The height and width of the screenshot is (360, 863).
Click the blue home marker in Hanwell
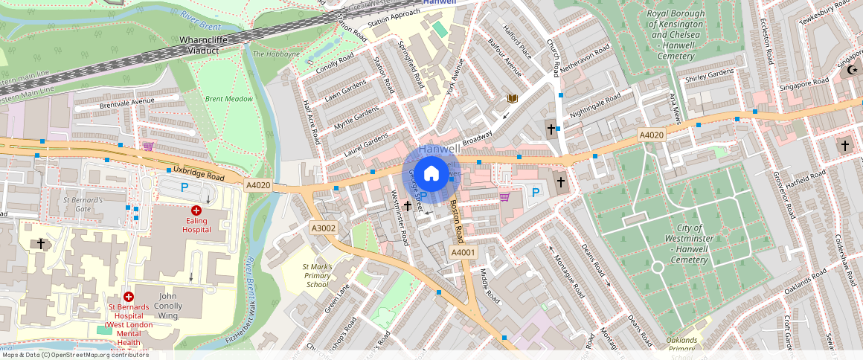coord(430,175)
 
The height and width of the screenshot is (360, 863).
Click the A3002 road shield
coord(324,228)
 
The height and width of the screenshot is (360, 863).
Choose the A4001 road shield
coord(463,253)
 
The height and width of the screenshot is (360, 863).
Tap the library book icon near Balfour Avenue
coord(512,98)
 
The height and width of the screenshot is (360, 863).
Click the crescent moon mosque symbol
coord(852,71)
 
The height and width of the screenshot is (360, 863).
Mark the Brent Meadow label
coord(229,99)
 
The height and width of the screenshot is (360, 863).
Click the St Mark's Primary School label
coord(317,275)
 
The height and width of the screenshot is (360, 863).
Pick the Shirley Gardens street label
coord(709,76)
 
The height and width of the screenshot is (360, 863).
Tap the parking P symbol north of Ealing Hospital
coord(185,188)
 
